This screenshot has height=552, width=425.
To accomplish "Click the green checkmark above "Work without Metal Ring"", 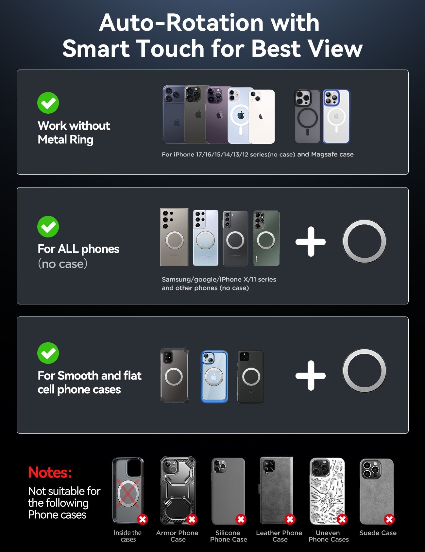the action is [x=48, y=103].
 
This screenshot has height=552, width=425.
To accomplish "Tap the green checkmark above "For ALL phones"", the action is [x=48, y=226].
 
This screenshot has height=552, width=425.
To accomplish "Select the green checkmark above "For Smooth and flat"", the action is [x=48, y=353].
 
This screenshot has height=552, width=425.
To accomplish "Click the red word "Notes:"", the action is [x=50, y=472].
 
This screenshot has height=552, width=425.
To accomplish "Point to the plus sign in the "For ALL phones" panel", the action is [x=311, y=242].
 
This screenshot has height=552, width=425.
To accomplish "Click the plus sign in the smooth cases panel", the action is [x=311, y=376].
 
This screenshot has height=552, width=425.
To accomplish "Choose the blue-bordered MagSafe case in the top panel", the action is [x=336, y=116].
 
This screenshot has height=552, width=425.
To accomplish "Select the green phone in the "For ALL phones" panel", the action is [x=266, y=238].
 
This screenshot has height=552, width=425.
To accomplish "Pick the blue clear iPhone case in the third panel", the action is [x=214, y=377].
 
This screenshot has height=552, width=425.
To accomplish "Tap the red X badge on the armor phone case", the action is [x=192, y=519].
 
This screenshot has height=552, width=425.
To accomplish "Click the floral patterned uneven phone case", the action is [x=327, y=491].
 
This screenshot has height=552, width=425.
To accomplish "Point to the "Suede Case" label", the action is [x=378, y=533].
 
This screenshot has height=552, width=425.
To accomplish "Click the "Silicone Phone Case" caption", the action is [x=229, y=536].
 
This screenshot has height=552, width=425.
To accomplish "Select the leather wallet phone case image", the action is [x=277, y=490].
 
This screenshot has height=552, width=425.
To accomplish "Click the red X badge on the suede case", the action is [x=389, y=519].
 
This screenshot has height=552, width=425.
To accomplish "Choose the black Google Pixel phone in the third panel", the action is [x=251, y=377].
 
